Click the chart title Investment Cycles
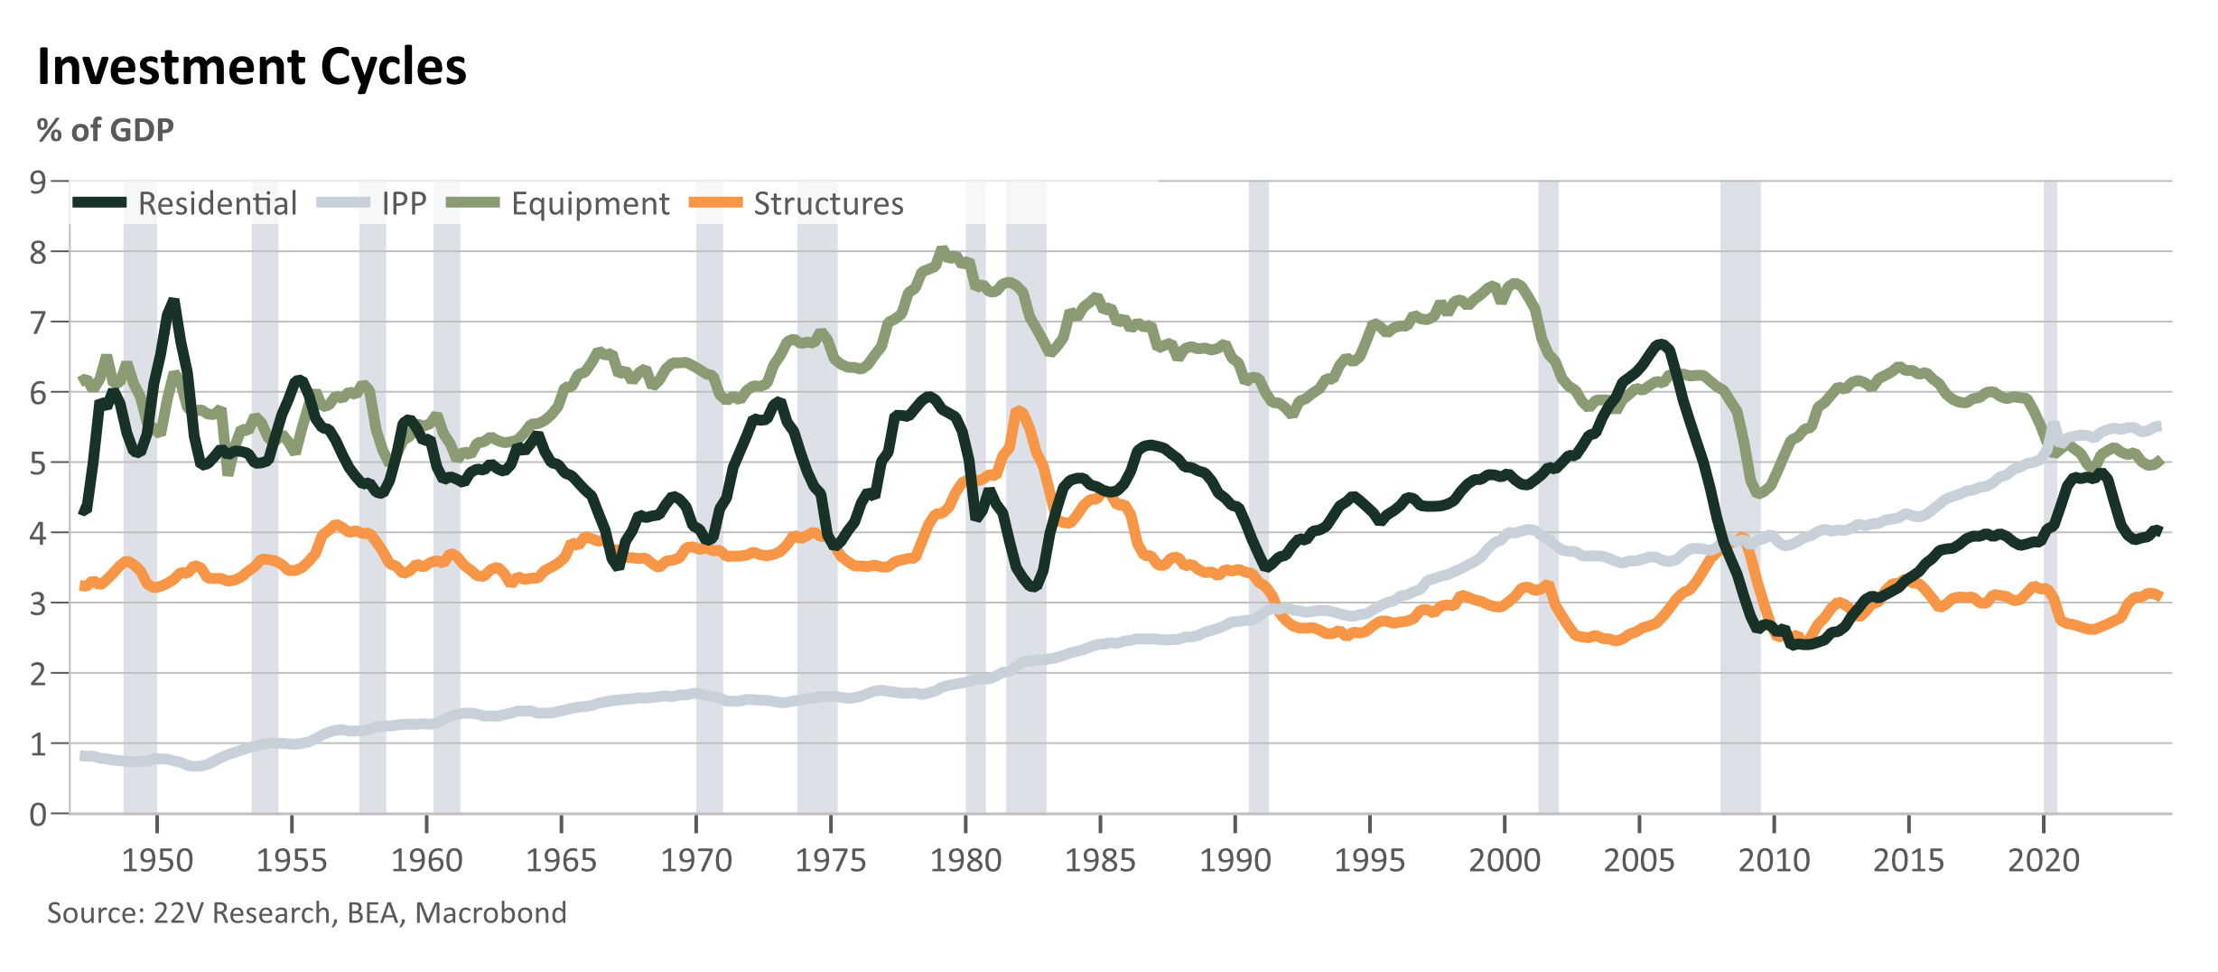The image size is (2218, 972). (x=252, y=67)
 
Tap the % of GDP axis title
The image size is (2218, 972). (x=105, y=130)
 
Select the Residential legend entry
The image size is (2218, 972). (x=184, y=203)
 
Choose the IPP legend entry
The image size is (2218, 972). (x=371, y=203)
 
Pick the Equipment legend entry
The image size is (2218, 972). (x=558, y=203)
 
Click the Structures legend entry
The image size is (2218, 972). (x=797, y=203)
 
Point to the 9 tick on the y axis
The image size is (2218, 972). (x=38, y=182)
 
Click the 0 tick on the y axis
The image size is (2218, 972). (x=38, y=814)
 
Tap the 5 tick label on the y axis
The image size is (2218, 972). (x=38, y=463)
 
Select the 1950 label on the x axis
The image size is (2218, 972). (x=157, y=860)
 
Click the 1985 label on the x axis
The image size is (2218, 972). (x=1100, y=860)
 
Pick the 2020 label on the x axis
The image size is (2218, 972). (x=2044, y=860)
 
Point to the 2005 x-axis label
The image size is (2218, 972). (x=1639, y=860)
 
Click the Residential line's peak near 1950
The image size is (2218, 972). (x=172, y=302)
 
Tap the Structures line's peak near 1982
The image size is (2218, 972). (x=1019, y=411)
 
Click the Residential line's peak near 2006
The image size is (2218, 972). (x=1660, y=343)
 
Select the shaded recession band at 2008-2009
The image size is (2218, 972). (x=1740, y=497)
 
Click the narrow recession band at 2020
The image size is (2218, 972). (x=2050, y=497)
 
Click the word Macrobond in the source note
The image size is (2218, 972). (x=490, y=913)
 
